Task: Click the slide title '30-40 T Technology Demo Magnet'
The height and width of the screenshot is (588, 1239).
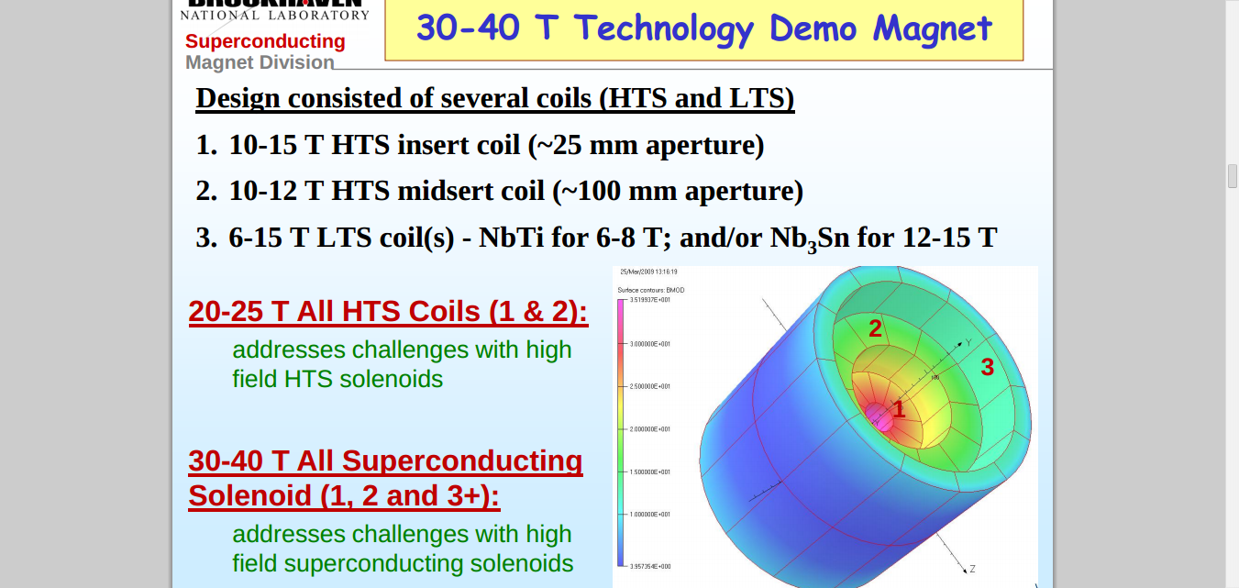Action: click(703, 28)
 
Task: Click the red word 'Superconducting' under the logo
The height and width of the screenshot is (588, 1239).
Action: click(265, 41)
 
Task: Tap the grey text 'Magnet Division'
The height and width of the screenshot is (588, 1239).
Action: click(260, 62)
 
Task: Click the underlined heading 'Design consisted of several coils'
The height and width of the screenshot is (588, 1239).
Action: click(494, 98)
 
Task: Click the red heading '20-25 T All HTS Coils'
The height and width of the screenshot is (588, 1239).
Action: click(388, 312)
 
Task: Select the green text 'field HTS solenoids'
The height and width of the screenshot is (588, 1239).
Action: click(337, 379)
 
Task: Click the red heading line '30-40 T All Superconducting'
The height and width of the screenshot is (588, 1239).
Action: click(385, 460)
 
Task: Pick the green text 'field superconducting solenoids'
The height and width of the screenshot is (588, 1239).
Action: click(403, 563)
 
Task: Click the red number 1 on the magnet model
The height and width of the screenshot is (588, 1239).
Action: click(899, 410)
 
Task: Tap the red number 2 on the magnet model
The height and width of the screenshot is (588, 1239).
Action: click(875, 328)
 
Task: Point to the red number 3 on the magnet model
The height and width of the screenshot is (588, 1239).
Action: click(987, 367)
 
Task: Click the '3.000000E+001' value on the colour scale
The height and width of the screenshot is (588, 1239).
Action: click(651, 344)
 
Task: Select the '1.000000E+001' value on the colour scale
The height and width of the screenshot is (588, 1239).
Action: click(651, 515)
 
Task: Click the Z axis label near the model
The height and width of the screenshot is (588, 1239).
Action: click(972, 570)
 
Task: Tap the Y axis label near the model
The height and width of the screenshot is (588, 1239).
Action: click(968, 342)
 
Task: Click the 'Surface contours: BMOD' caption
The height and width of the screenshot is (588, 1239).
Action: click(651, 290)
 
